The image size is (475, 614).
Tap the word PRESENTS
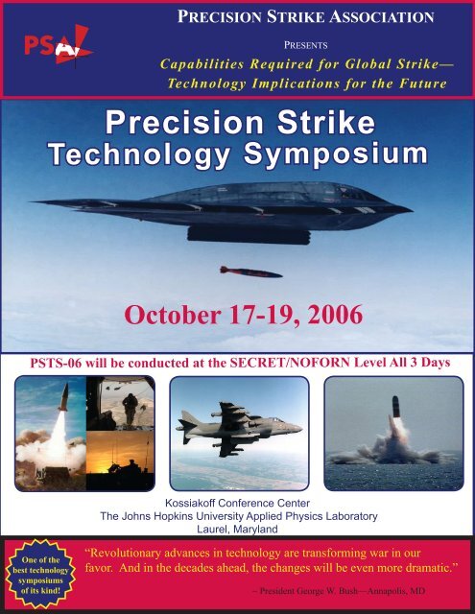pos(307,43)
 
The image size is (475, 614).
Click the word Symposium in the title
pos(321,153)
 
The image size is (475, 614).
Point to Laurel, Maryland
pos(237,529)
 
